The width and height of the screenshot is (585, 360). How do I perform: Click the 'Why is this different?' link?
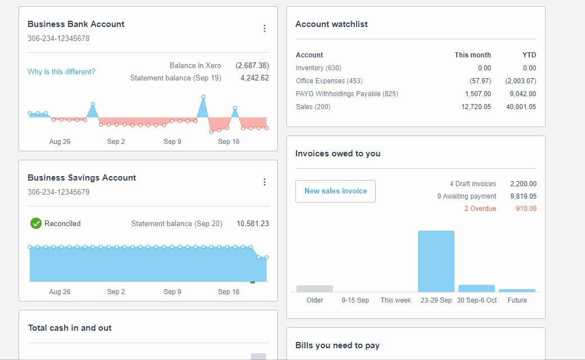(x=61, y=72)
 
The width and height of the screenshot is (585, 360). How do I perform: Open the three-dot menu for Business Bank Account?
(x=264, y=29)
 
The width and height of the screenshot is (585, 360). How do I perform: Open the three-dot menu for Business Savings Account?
(x=264, y=182)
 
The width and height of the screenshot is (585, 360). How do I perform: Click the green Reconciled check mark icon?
(x=36, y=224)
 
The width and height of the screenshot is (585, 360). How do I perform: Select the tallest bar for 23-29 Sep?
(x=436, y=262)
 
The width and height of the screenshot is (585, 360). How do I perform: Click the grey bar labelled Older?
(x=314, y=289)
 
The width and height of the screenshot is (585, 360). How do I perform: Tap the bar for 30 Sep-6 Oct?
(x=476, y=288)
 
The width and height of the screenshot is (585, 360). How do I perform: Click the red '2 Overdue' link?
(x=480, y=209)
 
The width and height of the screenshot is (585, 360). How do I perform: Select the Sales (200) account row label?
(x=313, y=107)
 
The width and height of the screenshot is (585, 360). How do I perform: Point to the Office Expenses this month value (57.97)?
(x=480, y=81)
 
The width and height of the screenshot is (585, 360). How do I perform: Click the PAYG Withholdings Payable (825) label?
(x=346, y=94)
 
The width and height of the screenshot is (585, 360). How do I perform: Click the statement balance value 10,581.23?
(x=253, y=224)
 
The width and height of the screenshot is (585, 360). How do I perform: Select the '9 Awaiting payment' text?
(x=466, y=196)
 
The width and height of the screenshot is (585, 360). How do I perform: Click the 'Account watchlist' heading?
(x=331, y=24)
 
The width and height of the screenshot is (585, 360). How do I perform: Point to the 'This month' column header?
(x=472, y=55)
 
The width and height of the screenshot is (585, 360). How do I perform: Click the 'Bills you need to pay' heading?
(x=337, y=345)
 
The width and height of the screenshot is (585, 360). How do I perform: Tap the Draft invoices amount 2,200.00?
(x=523, y=184)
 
